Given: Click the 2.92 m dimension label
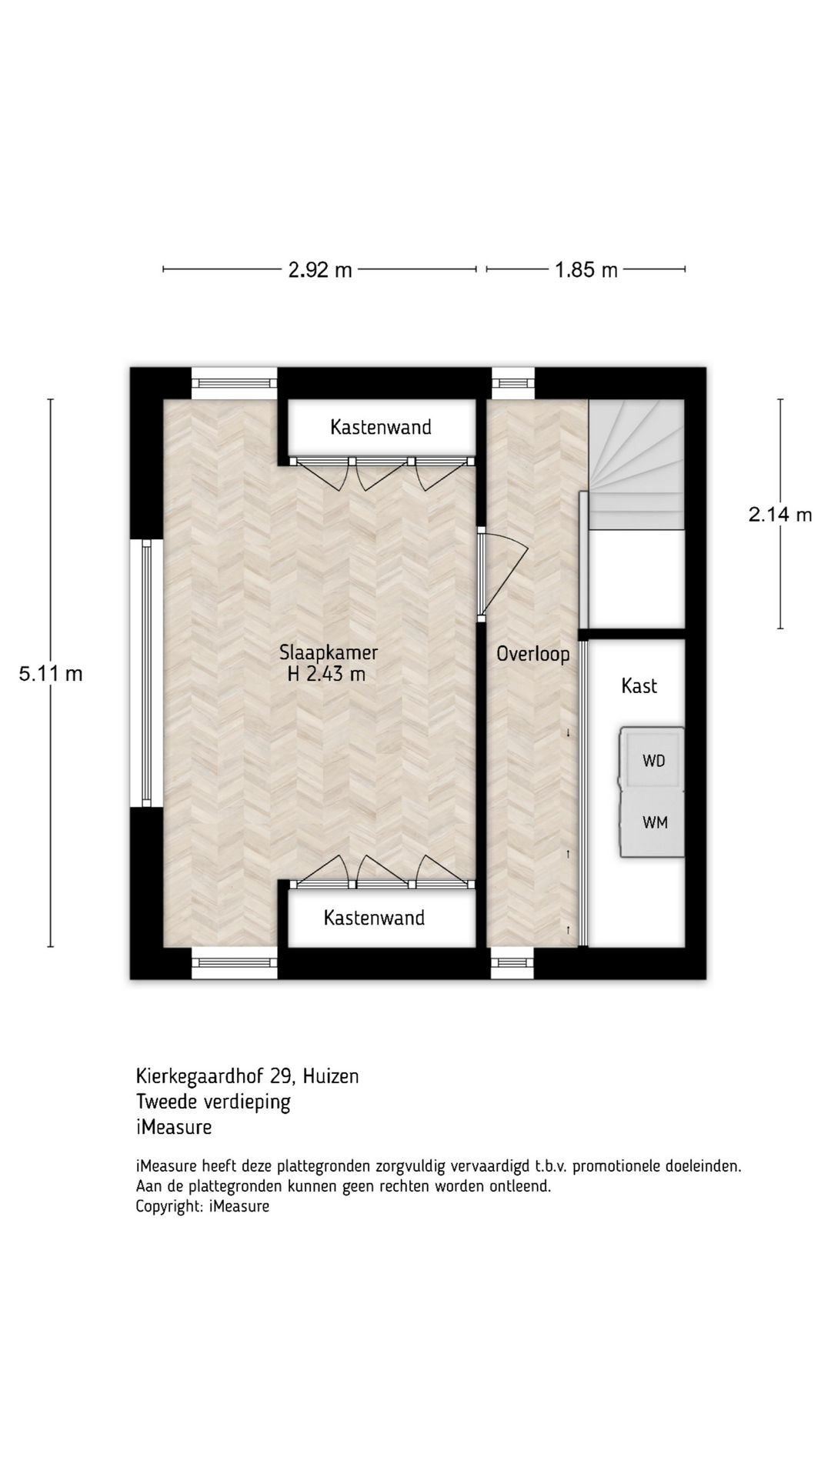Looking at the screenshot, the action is point(320,270).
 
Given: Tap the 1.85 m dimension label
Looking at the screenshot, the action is point(586,270).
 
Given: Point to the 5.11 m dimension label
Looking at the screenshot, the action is point(51,674).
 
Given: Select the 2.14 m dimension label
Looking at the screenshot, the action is point(780,515).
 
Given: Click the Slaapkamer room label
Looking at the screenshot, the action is point(329,653).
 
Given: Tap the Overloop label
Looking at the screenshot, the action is point(533,655).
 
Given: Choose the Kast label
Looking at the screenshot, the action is point(639,685).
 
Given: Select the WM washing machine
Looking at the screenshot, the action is point(652,822).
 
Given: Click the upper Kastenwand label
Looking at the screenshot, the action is point(381,427).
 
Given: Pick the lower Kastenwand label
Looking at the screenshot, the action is point(374,918).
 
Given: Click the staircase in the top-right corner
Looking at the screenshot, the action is point(636,465).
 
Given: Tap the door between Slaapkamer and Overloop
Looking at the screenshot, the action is point(500,574).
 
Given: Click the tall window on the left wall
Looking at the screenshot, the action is point(146,673).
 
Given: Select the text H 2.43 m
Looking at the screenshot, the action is point(326,675).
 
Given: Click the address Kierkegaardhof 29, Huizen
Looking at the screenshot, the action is point(248,1075).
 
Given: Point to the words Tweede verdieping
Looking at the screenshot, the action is point(213,1102).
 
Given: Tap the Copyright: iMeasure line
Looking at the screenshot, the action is point(202,1206).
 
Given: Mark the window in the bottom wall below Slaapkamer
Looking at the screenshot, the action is point(234,963).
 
